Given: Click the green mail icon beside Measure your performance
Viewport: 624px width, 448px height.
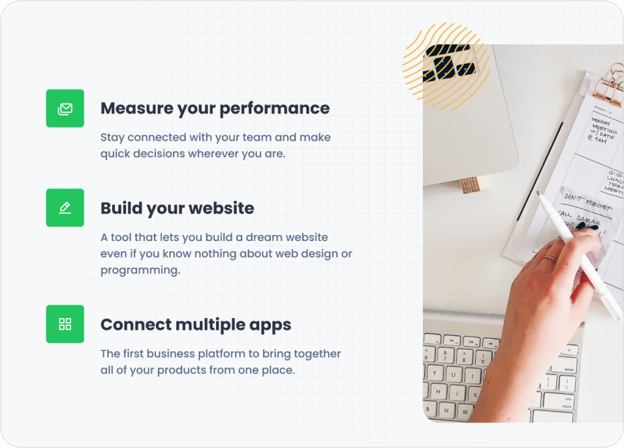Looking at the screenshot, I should pos(65,108).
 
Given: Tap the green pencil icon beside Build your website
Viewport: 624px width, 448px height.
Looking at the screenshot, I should pos(65,208).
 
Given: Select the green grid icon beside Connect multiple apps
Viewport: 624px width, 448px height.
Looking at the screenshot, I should pos(65,324).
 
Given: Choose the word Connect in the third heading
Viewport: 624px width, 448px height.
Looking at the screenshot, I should pos(135,325).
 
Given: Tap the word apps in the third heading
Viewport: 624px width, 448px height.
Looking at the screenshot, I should pos(270,325).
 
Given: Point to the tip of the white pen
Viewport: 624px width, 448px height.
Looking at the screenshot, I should pos(539,193).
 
